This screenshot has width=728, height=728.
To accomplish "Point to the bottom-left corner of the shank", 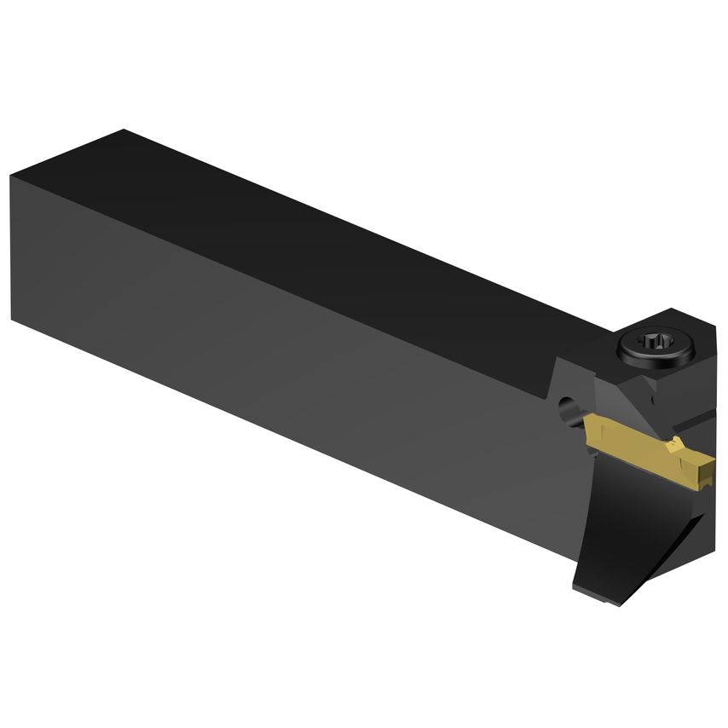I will click(x=14, y=320).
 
